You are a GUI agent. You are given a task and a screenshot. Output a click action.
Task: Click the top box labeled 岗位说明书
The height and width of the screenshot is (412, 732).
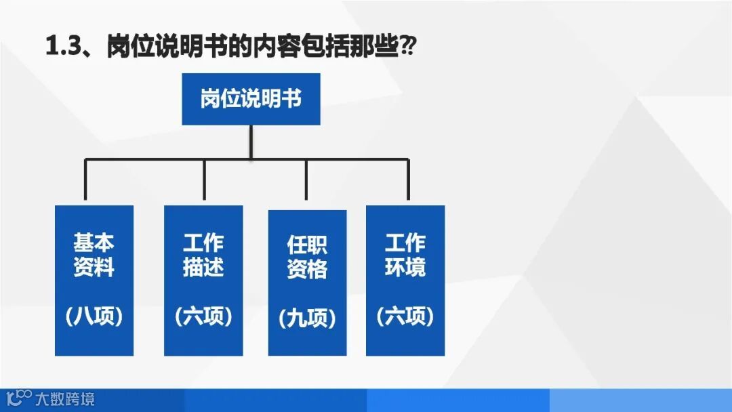251,99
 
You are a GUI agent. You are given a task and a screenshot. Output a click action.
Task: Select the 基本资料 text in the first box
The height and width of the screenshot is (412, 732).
94,255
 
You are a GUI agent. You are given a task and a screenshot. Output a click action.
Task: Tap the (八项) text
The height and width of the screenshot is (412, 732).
94,316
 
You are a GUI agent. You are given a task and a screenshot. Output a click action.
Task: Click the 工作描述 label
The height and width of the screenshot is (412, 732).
203,255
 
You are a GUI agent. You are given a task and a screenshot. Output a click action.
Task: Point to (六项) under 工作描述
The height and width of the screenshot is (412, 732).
203,316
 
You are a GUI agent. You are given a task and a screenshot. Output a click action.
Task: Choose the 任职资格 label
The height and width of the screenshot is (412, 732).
307,257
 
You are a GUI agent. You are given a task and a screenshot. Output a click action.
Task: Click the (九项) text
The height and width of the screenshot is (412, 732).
307,318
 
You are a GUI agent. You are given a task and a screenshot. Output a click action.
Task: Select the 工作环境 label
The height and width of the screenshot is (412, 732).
405,255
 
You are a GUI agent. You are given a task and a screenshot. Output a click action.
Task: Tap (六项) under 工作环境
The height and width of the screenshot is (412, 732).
405,316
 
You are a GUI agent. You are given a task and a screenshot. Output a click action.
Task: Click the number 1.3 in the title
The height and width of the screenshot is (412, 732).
63,47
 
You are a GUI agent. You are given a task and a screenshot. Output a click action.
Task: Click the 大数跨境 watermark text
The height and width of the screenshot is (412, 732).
65,398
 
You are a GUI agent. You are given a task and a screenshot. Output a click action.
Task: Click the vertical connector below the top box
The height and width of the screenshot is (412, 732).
251,142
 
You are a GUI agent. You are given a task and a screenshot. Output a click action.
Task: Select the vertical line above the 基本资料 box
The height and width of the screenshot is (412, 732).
85,181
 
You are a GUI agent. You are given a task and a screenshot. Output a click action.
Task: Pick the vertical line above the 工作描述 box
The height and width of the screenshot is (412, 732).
203,181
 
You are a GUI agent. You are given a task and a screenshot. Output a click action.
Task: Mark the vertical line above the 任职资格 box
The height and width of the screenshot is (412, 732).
306,183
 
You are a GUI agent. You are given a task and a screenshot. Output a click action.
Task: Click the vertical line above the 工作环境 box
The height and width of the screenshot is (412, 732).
408,181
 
